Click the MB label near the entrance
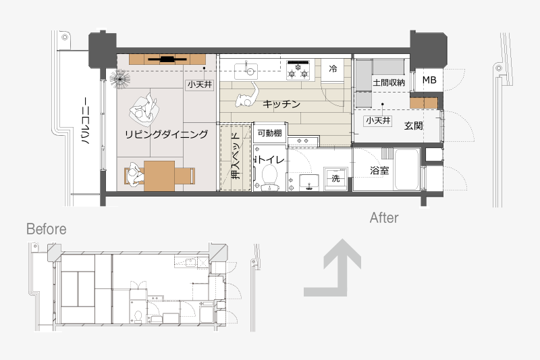(x=429, y=80)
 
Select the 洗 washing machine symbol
(x=335, y=179)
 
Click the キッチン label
(x=281, y=104)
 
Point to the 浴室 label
(x=379, y=170)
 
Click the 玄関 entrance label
(x=413, y=126)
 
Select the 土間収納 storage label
(x=389, y=82)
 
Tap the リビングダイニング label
(x=166, y=134)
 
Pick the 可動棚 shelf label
(x=269, y=133)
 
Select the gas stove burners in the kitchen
(x=298, y=70)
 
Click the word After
(x=384, y=217)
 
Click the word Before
(x=46, y=229)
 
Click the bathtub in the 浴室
(x=407, y=170)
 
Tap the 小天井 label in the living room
(x=200, y=84)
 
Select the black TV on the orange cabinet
(x=167, y=59)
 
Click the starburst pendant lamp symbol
(x=120, y=78)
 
